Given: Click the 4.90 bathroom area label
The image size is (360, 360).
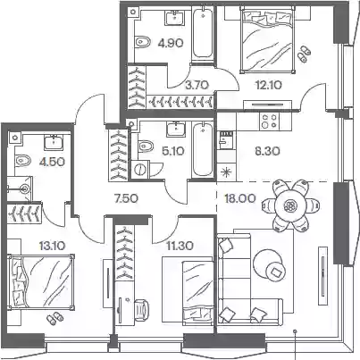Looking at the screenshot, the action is [x=171, y=44].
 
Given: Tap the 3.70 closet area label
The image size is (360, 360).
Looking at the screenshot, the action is [x=197, y=85].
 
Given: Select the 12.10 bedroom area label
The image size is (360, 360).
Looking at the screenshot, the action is [x=269, y=85].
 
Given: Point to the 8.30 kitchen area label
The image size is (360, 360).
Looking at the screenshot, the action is [x=267, y=151].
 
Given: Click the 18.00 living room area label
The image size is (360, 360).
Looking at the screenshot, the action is [x=240, y=198].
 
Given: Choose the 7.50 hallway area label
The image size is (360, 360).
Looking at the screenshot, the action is [x=126, y=198].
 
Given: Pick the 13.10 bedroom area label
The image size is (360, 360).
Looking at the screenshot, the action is [x=52, y=246].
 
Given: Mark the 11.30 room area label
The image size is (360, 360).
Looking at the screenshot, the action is [x=180, y=246].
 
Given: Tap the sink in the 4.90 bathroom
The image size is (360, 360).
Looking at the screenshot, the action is [x=175, y=18].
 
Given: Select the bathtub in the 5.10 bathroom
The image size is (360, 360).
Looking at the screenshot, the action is [x=203, y=150].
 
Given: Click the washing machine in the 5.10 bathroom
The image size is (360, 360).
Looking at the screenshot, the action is [x=140, y=170].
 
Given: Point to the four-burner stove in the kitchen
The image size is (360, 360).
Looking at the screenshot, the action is [x=270, y=121].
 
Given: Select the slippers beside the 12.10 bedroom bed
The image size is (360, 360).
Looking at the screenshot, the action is [x=304, y=54].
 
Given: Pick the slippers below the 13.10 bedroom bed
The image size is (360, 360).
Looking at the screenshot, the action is [x=54, y=318].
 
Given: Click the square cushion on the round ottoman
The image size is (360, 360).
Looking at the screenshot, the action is [x=276, y=272].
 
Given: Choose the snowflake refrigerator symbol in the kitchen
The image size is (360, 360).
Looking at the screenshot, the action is [x=227, y=172].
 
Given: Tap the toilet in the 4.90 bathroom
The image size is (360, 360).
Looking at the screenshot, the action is [x=143, y=42].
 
